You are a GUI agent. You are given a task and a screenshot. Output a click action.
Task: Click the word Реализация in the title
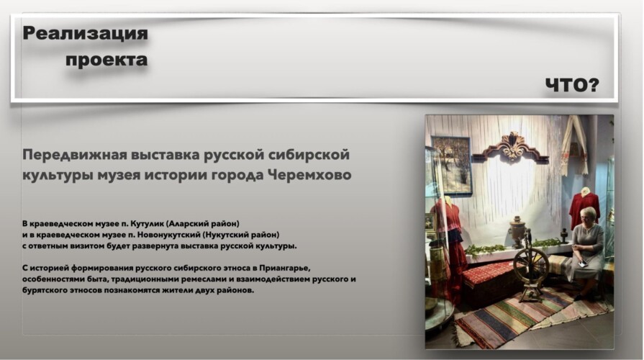click(x=85, y=33)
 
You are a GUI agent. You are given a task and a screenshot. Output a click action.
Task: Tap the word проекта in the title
click(x=106, y=60)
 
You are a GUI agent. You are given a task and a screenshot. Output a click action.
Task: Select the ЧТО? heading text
click(x=572, y=85)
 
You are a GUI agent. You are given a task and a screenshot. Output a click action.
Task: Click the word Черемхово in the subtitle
click(x=309, y=175)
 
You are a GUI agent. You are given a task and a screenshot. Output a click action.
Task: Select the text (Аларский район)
click(x=202, y=224)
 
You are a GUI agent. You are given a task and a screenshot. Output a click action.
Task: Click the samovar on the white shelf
click(x=517, y=233)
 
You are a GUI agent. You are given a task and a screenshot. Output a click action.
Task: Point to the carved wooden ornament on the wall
click(x=512, y=148)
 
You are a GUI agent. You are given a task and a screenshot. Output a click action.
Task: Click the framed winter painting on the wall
click(x=452, y=164)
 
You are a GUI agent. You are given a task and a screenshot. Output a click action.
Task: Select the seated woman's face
click(x=588, y=217)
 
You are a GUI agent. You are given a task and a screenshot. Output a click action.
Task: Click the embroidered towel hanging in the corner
click(x=575, y=145)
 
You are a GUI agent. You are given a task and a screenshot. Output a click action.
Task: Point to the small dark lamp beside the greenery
click(x=564, y=235)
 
